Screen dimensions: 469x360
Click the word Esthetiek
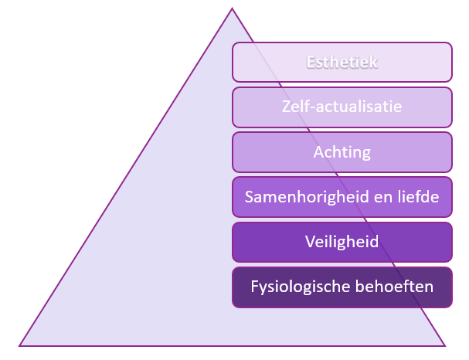[342, 63]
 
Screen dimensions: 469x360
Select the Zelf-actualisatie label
[342, 107]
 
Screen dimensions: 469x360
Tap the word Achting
[342, 152]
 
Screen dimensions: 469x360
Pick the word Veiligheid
[342, 242]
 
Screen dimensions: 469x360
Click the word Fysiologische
[301, 287]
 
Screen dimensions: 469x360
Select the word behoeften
[394, 287]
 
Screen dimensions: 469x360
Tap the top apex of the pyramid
[232, 8]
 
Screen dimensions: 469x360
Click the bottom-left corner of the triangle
[19, 346]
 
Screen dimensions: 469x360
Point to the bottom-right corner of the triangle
[445, 346]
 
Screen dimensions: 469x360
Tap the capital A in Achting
[319, 152]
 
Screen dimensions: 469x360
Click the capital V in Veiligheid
[311, 241]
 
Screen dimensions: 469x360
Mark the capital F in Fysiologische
[254, 287]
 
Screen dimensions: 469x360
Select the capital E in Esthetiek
[311, 63]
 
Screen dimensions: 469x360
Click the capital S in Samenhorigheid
[249, 197]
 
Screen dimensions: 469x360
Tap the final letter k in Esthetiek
[374, 63]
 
